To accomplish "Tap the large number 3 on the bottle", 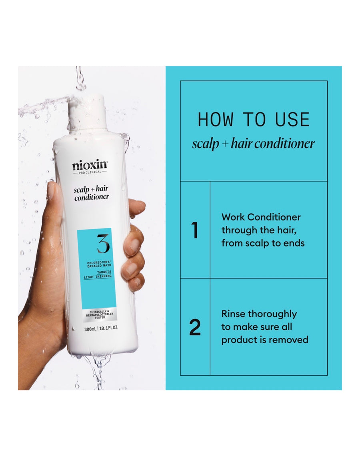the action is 103,244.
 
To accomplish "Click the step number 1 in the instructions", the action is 195,231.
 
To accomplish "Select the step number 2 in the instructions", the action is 195,327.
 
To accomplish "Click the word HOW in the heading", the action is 216,119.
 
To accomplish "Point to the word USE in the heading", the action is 292,119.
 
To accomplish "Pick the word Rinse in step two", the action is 232,314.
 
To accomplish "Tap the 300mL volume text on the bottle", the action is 90,329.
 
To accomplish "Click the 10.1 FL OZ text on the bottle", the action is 108,328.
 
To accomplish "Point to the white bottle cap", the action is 86,112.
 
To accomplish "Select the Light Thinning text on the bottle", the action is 98,277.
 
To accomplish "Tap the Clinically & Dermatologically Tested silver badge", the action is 100,315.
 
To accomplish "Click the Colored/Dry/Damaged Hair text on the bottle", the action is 99,264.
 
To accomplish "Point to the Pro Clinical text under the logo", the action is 90,172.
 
